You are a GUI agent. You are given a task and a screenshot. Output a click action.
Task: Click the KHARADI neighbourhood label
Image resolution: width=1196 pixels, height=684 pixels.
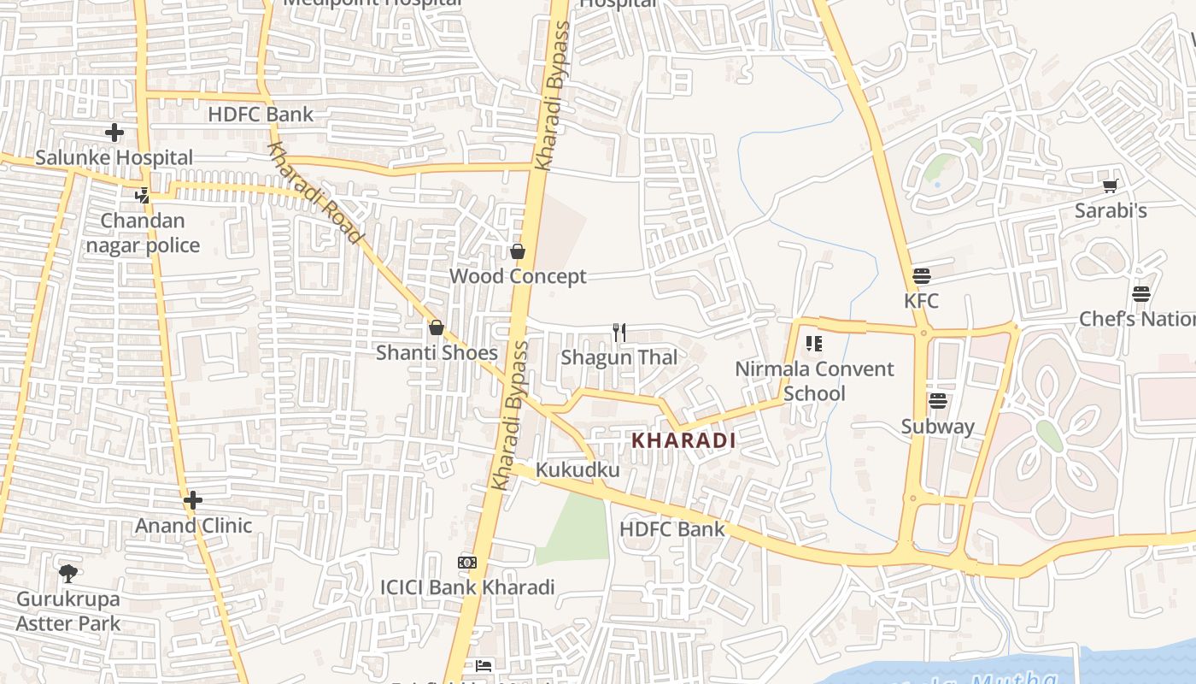683,440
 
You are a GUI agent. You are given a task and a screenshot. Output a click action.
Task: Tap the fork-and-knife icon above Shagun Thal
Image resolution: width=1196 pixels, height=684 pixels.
619,333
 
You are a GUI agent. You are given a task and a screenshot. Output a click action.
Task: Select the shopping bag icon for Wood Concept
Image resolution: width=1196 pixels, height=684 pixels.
517,251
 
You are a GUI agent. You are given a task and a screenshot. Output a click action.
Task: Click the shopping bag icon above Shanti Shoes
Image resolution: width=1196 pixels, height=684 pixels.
436,327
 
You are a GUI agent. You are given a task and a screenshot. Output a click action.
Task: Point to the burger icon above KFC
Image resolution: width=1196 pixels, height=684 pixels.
921,276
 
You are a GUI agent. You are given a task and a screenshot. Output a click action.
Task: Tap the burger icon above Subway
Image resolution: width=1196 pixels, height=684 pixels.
938,401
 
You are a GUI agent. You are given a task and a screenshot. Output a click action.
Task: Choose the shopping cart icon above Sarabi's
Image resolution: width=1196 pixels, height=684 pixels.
1110,186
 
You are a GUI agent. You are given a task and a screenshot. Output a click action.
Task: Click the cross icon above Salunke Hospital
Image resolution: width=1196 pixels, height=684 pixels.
114,133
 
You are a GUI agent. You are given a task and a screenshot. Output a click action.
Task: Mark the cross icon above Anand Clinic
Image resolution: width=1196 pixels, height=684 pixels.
193,500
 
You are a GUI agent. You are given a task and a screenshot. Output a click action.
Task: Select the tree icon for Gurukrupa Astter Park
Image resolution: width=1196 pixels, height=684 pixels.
68,574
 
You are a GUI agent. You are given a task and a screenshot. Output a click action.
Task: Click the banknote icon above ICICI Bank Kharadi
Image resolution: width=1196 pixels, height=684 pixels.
466,563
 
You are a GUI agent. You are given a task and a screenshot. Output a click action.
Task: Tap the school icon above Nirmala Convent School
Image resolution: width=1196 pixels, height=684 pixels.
814,344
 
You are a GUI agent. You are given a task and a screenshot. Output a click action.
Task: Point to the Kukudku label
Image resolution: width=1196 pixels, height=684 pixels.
577,470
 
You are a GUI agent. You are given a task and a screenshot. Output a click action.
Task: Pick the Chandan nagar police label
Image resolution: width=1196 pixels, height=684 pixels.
143,233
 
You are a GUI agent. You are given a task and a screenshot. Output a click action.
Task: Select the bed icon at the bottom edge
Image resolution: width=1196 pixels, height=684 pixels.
484,665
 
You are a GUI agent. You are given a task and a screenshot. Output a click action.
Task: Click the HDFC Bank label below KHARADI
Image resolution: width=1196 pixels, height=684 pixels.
671,528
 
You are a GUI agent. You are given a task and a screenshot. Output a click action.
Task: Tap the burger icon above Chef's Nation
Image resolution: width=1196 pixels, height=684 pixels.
1141,294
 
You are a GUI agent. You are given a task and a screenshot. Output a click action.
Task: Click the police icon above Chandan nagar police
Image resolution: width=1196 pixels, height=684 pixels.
142,196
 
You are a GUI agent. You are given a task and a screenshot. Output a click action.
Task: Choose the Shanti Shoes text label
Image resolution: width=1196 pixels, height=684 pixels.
437,352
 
